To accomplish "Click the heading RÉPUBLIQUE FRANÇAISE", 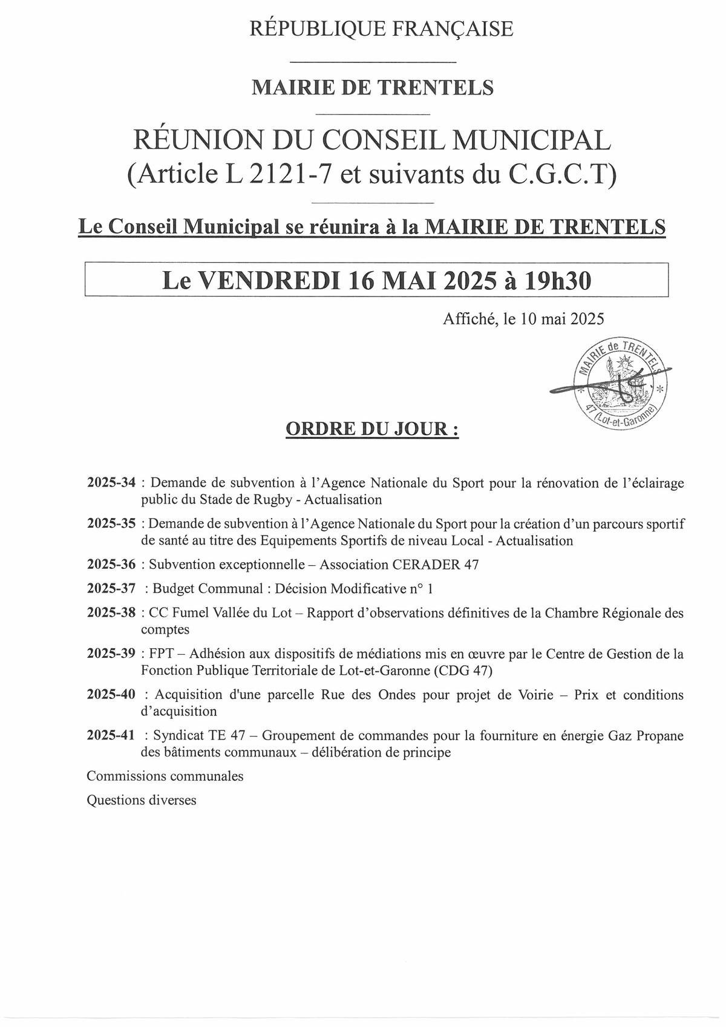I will (381, 28).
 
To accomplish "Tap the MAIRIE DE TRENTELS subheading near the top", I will (372, 88).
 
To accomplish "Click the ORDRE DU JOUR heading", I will (371, 430).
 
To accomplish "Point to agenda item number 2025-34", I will (111, 483).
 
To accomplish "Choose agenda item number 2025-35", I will (111, 523).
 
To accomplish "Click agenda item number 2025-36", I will (111, 565).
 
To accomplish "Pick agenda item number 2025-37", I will (111, 589).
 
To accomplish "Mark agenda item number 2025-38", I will (111, 613).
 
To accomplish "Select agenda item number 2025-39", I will (111, 654).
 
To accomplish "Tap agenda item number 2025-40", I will (111, 695).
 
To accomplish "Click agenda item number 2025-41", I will (111, 736).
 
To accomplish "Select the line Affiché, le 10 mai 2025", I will (524, 319).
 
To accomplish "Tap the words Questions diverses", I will (142, 800).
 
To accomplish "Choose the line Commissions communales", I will (165, 776).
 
